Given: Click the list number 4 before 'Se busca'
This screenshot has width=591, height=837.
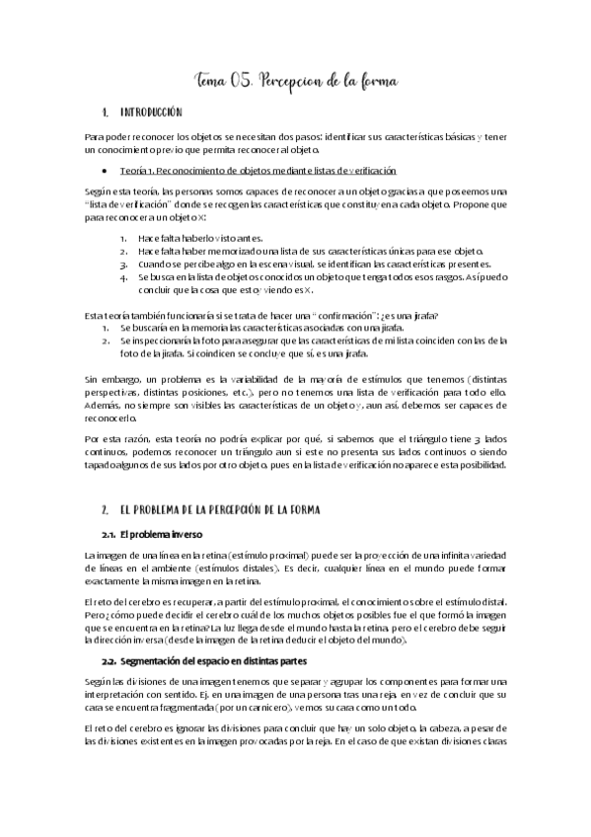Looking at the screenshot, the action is pos(122,278).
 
